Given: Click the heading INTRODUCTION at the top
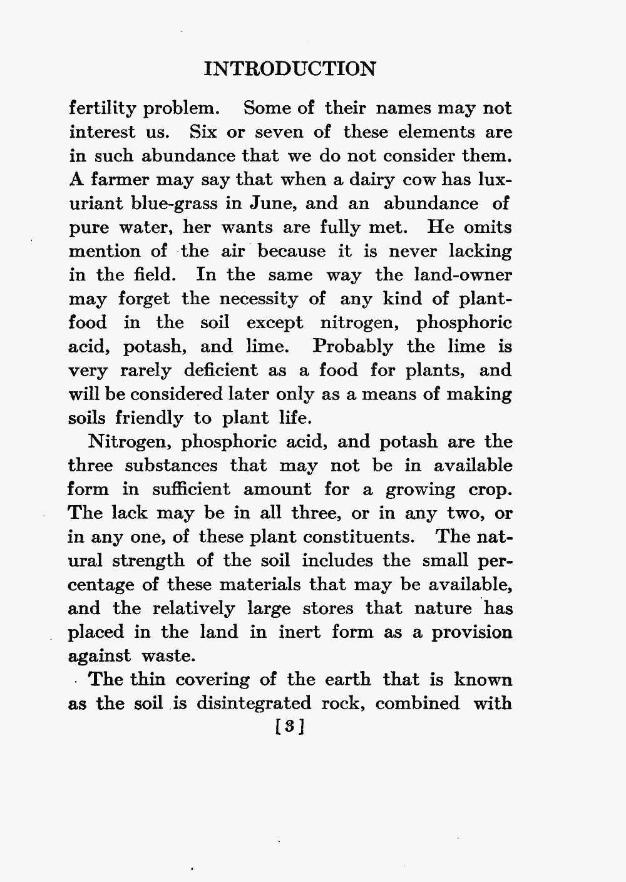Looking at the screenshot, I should click(x=290, y=69).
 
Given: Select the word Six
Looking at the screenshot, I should click(x=203, y=133).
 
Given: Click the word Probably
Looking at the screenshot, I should click(x=353, y=347).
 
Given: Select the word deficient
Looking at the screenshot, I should click(x=221, y=371).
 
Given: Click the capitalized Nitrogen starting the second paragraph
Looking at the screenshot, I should click(x=129, y=443).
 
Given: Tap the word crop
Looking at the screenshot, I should click(x=489, y=490).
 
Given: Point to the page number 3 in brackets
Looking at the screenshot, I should click(x=290, y=727).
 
